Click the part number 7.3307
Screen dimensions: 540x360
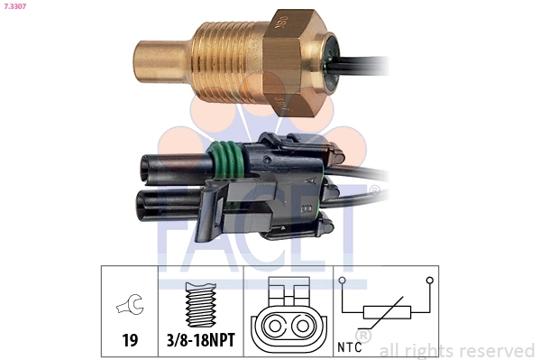point(14,6)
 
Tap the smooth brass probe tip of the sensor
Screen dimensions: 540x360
point(162,62)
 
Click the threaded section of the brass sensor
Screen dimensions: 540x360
point(228,61)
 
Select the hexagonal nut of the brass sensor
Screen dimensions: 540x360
point(293,63)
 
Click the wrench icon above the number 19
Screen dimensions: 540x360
point(130,304)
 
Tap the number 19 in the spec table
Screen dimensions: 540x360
point(130,340)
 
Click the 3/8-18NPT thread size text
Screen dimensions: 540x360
point(201,340)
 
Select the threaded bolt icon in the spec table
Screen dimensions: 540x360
point(201,304)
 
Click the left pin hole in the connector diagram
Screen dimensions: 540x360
point(274,326)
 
